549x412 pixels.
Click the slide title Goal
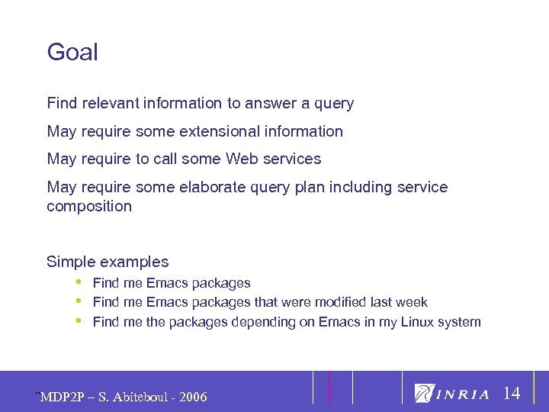point(72,53)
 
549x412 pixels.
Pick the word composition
point(89,207)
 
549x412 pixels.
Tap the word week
point(413,303)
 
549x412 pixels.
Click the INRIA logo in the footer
point(452,394)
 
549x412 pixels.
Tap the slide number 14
point(512,394)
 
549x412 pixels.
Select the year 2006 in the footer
point(191,397)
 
